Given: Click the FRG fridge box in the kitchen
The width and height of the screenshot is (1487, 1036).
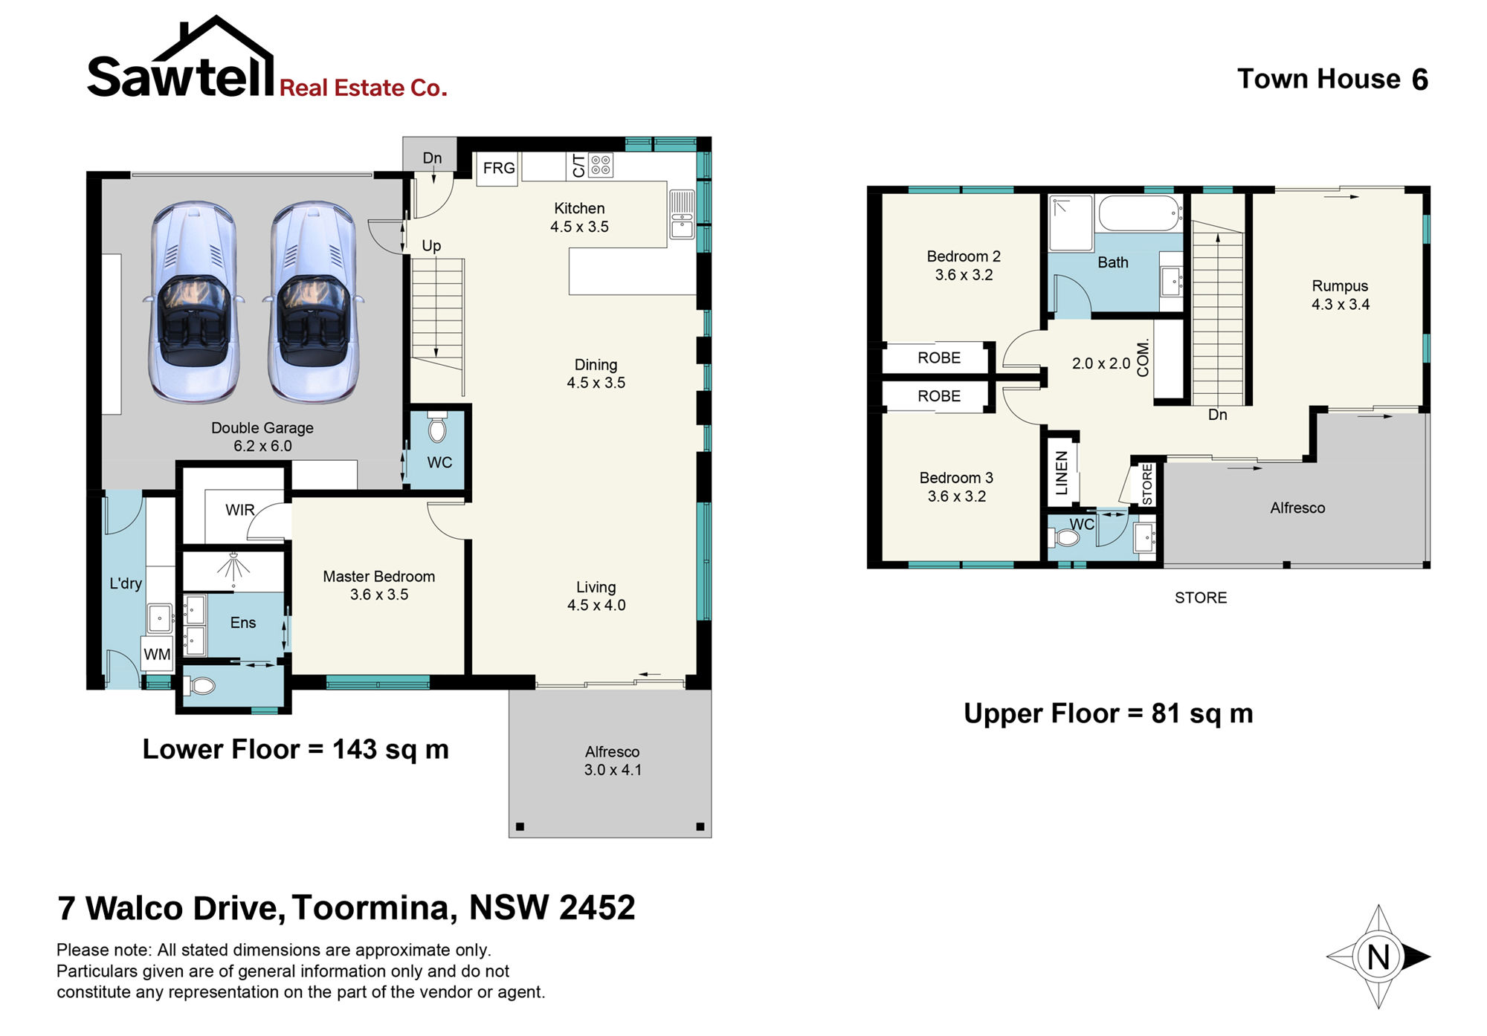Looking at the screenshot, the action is coord(497,169).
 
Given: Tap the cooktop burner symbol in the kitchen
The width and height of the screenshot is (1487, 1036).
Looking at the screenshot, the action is coord(601,165).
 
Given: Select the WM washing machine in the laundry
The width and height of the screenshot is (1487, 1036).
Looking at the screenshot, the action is coord(158,654).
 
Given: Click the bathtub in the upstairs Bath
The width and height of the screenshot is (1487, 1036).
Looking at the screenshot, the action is coord(1141,214).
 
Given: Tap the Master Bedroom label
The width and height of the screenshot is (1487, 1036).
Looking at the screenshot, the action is coord(378,577).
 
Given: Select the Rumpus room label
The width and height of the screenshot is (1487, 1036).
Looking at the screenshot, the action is coord(1340,286).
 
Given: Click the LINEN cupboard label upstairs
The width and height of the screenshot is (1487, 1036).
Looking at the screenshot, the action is coord(1062,473).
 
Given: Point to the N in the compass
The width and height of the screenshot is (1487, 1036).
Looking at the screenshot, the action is coord(1378,957).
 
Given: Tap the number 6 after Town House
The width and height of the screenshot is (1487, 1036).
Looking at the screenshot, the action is coord(1420,80).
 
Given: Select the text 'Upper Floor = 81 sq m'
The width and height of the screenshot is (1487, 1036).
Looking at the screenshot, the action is coord(1109,713).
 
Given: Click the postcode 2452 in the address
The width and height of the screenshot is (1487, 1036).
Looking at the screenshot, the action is coord(597,908).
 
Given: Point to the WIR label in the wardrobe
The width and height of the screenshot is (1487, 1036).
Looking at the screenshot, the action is coord(240,510).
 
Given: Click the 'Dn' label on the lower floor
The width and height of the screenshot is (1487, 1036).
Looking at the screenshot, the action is coord(432,158).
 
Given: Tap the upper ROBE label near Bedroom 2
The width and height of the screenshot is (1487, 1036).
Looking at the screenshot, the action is coord(939,358).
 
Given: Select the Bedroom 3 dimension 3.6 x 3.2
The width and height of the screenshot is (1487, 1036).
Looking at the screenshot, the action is coord(957,496).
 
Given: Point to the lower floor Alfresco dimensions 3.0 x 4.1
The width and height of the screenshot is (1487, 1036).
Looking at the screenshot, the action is coord(613,770).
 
